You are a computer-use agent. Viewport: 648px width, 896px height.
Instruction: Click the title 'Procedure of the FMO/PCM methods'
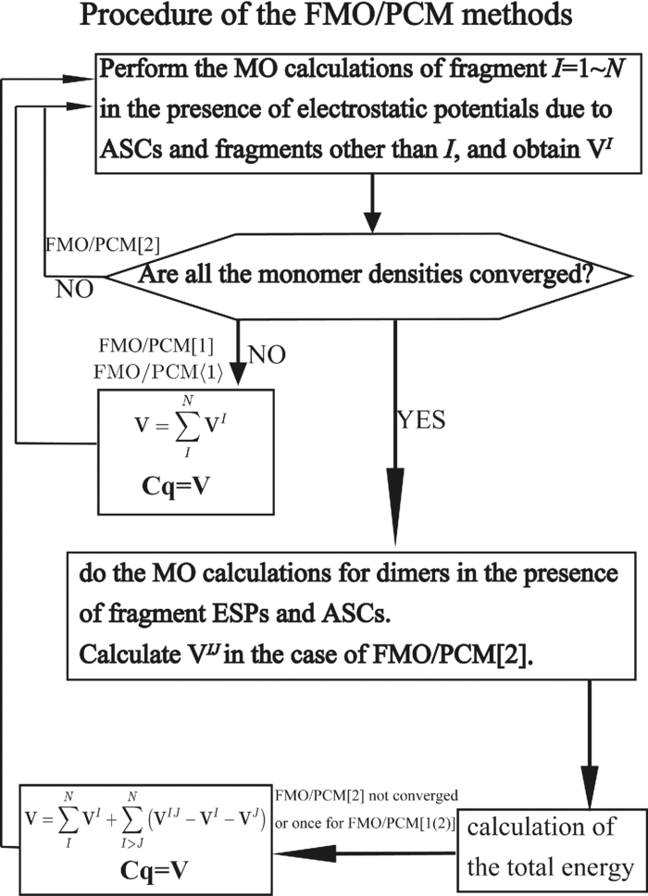(323, 20)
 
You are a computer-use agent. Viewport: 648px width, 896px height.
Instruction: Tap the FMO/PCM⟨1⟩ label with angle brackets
(156, 373)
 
